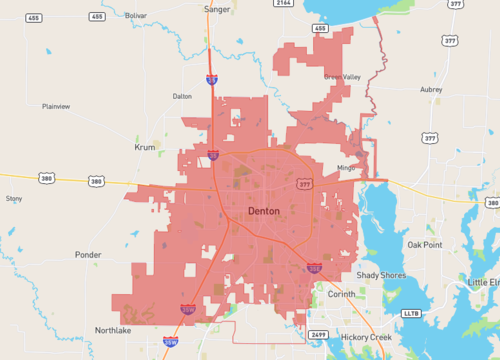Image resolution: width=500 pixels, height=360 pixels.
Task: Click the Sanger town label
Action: click(x=216, y=9)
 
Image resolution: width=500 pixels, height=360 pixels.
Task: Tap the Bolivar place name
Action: click(x=135, y=16)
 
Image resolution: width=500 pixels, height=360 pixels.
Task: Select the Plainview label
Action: click(x=56, y=106)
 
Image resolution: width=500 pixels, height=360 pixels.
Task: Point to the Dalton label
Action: click(x=182, y=97)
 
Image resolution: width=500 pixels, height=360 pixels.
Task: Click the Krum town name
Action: click(x=146, y=147)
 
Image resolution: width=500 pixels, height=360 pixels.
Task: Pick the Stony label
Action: click(x=14, y=199)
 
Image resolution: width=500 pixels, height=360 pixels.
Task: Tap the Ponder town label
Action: click(x=88, y=255)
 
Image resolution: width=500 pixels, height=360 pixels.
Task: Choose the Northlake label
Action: click(x=113, y=330)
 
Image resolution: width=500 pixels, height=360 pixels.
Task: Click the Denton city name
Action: click(x=264, y=212)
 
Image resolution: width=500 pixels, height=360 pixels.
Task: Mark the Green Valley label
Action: click(x=342, y=77)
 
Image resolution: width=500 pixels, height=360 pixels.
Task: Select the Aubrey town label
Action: click(x=431, y=89)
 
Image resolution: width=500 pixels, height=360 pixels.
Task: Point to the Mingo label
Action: click(x=346, y=168)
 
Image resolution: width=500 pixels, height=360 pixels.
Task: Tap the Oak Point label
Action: click(x=424, y=245)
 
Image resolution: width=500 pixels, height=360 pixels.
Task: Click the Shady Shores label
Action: click(x=381, y=275)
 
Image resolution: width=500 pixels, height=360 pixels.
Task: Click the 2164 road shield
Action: click(x=284, y=4)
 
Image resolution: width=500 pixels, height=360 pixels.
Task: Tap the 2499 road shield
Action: click(x=318, y=334)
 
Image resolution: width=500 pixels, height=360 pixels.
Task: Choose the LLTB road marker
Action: click(x=411, y=313)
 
